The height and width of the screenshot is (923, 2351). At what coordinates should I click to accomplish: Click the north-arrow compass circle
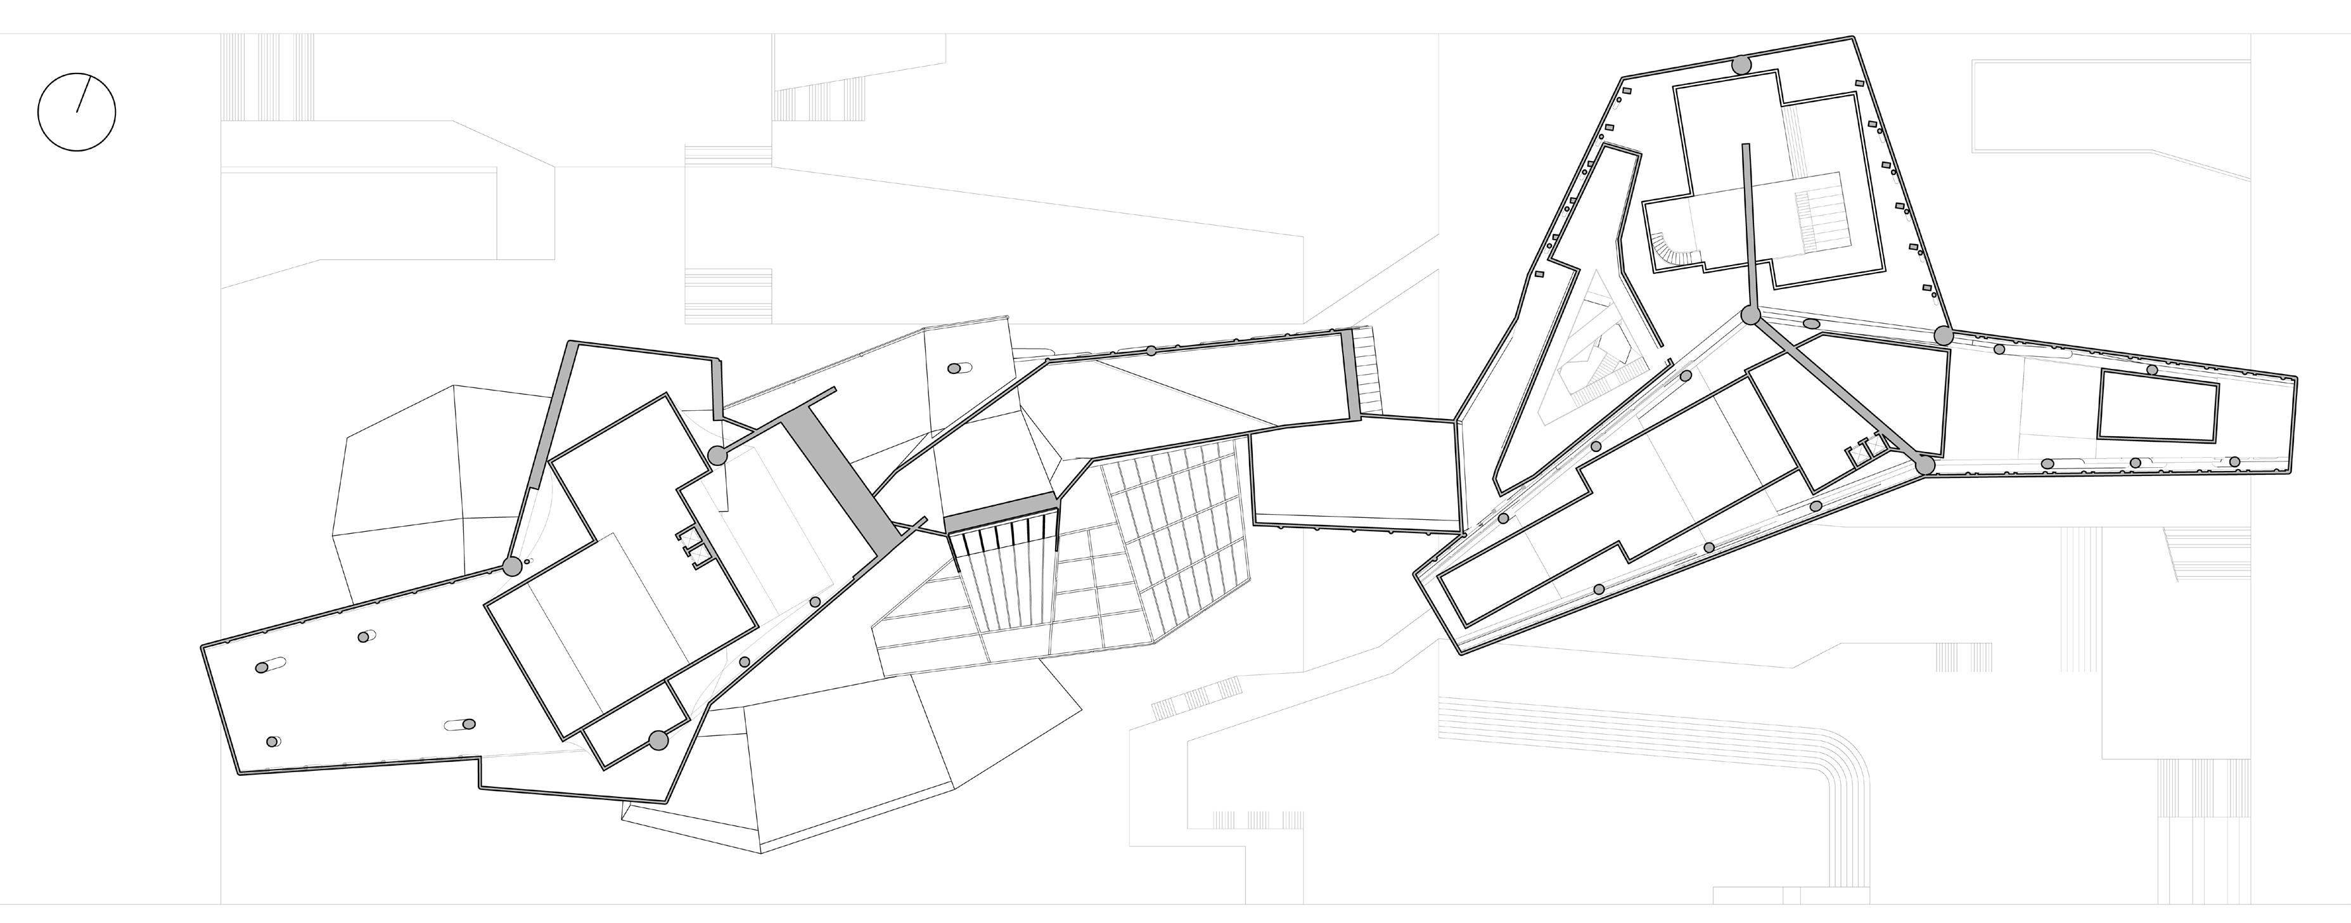(x=77, y=112)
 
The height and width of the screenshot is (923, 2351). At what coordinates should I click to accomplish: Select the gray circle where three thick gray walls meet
(x=1750, y=316)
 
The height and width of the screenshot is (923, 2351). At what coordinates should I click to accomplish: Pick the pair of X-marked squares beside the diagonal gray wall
(x=1861, y=449)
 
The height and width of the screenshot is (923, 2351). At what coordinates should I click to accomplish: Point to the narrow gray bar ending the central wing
(x=1351, y=374)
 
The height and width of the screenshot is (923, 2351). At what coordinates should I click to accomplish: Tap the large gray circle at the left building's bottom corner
(x=658, y=740)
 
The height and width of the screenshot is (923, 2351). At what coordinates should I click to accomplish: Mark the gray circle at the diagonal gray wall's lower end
(x=1925, y=465)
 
